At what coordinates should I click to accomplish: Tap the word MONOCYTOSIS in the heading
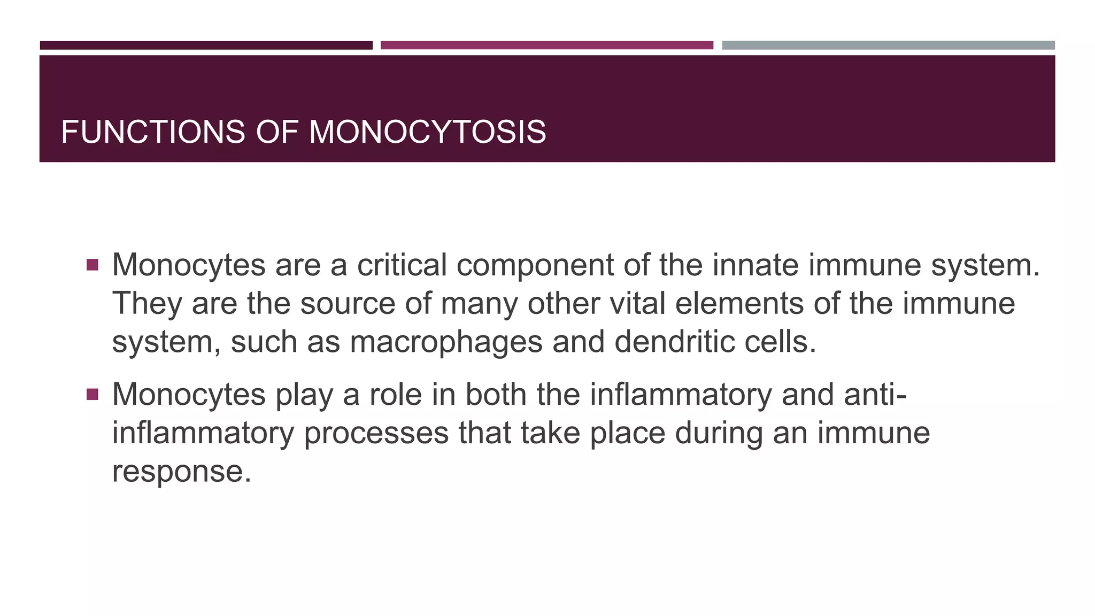[427, 132]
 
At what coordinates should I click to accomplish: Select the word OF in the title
[276, 132]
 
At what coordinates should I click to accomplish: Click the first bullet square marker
[92, 265]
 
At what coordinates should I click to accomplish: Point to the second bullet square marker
[92, 395]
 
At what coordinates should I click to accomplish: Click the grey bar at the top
[888, 45]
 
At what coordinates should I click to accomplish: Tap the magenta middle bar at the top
[546, 45]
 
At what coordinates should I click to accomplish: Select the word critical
[402, 265]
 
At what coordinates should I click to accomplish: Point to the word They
[147, 304]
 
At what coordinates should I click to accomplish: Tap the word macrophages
[446, 342]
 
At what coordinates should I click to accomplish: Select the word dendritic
[674, 342]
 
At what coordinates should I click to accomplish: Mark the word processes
[376, 434]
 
